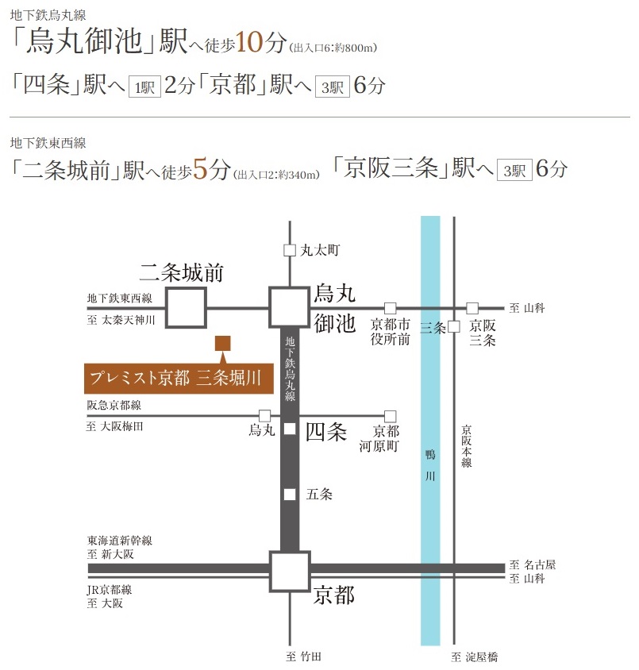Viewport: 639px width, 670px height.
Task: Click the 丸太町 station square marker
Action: [x=290, y=250]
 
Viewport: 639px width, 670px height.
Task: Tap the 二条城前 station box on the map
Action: [x=186, y=307]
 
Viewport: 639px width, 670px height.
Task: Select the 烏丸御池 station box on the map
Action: [x=290, y=307]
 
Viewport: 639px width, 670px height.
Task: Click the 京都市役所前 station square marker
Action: [x=390, y=308]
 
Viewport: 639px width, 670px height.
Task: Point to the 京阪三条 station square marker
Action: [x=454, y=326]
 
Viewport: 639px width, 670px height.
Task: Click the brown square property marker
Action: [x=223, y=343]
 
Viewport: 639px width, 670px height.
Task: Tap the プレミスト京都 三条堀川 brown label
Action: [x=179, y=378]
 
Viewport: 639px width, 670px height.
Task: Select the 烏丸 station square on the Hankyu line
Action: [x=264, y=415]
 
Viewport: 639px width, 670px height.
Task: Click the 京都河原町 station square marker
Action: [x=390, y=415]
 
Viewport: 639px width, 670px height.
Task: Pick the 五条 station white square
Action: [x=290, y=494]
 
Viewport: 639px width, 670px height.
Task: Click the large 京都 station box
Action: [x=290, y=572]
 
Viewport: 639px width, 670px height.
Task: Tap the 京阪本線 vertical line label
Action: [x=467, y=445]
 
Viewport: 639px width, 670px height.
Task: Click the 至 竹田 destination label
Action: [x=304, y=657]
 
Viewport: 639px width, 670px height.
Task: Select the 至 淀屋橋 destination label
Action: [x=474, y=657]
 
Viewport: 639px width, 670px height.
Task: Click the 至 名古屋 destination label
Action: [x=533, y=564]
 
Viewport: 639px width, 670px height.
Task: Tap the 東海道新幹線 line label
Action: [x=120, y=541]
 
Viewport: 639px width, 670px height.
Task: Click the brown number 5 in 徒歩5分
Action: [x=201, y=169]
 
